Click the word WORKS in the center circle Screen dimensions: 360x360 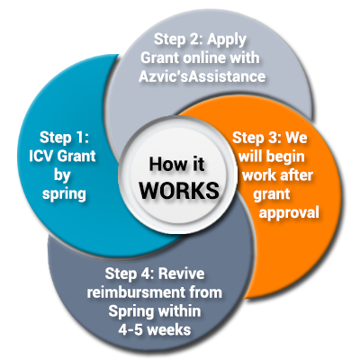tap(179, 190)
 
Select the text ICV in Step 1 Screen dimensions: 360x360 tap(40, 156)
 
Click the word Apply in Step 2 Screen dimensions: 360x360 tap(227, 40)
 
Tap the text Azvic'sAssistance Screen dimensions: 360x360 tap(202, 76)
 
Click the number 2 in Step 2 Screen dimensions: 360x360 tap(195, 39)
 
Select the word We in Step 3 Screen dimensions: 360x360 tap(296, 138)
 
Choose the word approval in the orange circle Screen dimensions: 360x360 tap(289, 213)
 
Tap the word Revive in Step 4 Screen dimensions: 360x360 tap(182, 274)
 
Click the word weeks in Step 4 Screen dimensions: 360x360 tap(169, 330)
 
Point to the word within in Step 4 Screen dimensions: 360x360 tap(178, 311)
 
